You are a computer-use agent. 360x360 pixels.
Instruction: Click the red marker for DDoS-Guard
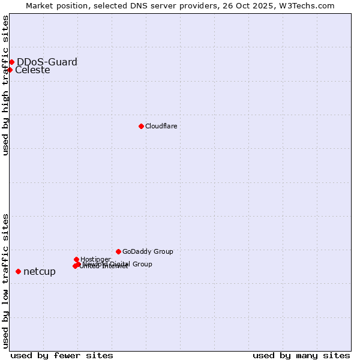pyautogui.click(x=11, y=62)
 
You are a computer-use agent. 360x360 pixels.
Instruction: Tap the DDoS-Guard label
pyautogui.click(x=47, y=62)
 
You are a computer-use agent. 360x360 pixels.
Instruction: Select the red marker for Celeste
pyautogui.click(x=10, y=70)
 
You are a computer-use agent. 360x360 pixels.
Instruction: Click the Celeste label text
pyautogui.click(x=32, y=70)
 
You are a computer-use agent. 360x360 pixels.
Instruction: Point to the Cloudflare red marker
pyautogui.click(x=141, y=126)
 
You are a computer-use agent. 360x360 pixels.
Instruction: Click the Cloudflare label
pyautogui.click(x=161, y=126)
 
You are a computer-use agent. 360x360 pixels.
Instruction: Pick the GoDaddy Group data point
pyautogui.click(x=118, y=251)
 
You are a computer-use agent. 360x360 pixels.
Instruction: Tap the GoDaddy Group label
pyautogui.click(x=148, y=252)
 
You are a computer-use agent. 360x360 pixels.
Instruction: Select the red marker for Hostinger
pyautogui.click(x=76, y=259)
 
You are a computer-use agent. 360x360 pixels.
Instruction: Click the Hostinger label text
pyautogui.click(x=95, y=259)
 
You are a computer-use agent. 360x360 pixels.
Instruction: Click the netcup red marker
pyautogui.click(x=18, y=271)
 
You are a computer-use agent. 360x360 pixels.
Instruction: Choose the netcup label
pyautogui.click(x=40, y=272)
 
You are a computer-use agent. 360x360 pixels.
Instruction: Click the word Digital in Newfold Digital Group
pyautogui.click(x=119, y=264)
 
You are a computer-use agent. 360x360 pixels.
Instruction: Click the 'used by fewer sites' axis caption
pyautogui.click(x=62, y=355)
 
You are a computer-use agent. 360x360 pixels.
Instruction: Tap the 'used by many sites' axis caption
pyautogui.click(x=301, y=355)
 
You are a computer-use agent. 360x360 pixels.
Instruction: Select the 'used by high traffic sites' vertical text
pyautogui.click(x=5, y=85)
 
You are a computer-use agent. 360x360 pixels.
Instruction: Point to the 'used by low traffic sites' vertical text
pyautogui.click(x=5, y=281)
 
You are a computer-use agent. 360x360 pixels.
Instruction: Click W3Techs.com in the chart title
pyautogui.click(x=309, y=5)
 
